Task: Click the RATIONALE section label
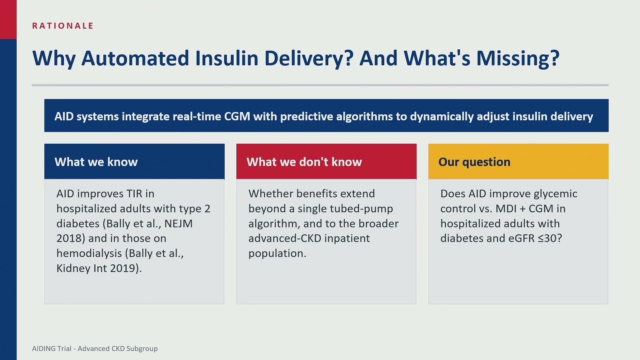coord(63,26)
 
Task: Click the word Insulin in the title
coord(227,58)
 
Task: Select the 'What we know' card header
coord(134,161)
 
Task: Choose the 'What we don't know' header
coord(326,161)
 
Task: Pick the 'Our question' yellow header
coord(518,161)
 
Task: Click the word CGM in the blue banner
coord(237,116)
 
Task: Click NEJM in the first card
coord(178,223)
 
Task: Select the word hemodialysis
coord(89,253)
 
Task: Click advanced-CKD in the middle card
coord(285,238)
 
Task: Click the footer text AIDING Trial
coord(52,349)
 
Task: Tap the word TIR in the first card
coord(134,194)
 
